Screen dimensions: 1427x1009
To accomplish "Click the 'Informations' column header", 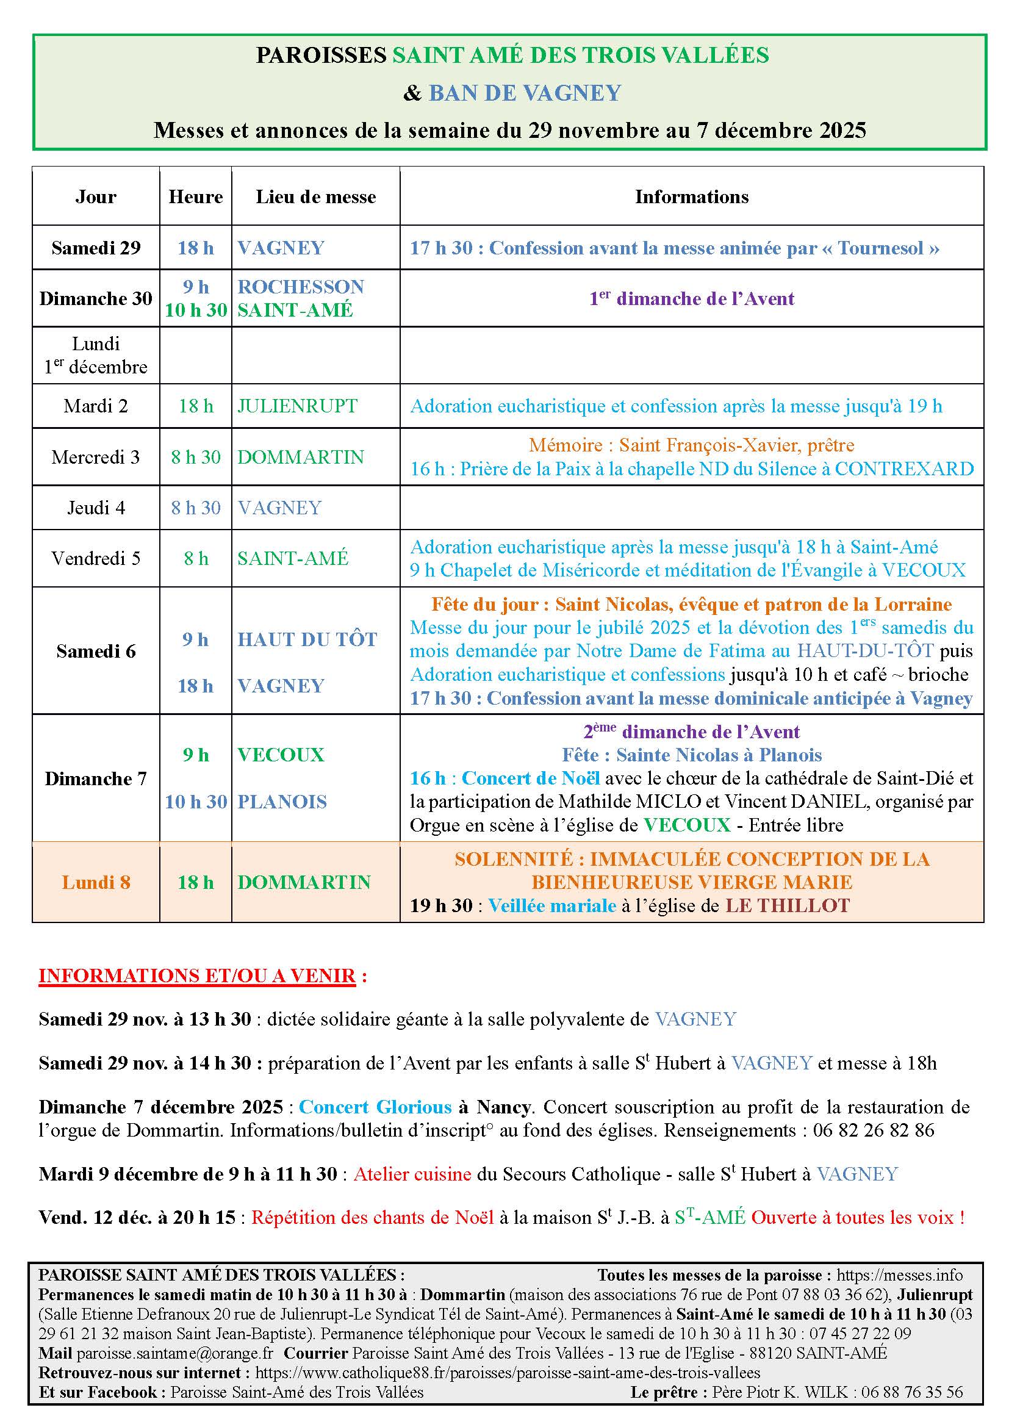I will click(691, 197).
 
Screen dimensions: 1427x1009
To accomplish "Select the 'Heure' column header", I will click(195, 197).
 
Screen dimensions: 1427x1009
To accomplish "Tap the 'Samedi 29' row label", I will click(96, 248).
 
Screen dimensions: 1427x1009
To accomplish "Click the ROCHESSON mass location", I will click(301, 287).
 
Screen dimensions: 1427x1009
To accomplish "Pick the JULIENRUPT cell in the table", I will click(297, 406).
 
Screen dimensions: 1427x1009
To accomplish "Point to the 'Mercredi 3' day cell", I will click(96, 458).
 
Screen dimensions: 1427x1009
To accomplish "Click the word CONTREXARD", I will click(903, 469).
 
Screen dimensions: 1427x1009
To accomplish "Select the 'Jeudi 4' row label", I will click(96, 508).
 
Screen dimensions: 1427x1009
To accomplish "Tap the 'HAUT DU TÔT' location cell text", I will click(307, 639).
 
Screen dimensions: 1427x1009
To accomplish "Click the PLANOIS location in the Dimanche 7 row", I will click(282, 802).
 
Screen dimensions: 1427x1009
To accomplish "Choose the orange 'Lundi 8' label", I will click(96, 883).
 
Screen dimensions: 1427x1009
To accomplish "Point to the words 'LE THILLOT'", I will click(787, 905).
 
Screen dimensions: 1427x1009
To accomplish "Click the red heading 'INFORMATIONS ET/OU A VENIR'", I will click(197, 976).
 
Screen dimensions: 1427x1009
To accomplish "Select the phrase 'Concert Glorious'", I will click(375, 1107).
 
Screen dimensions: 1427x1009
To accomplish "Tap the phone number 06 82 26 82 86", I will click(873, 1130).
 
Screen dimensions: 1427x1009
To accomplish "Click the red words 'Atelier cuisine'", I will click(412, 1174).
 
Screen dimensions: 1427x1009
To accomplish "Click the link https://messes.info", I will click(899, 1275).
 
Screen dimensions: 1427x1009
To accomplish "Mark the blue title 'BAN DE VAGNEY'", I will click(525, 93).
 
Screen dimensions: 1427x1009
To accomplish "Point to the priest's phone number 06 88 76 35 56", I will click(911, 1392).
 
